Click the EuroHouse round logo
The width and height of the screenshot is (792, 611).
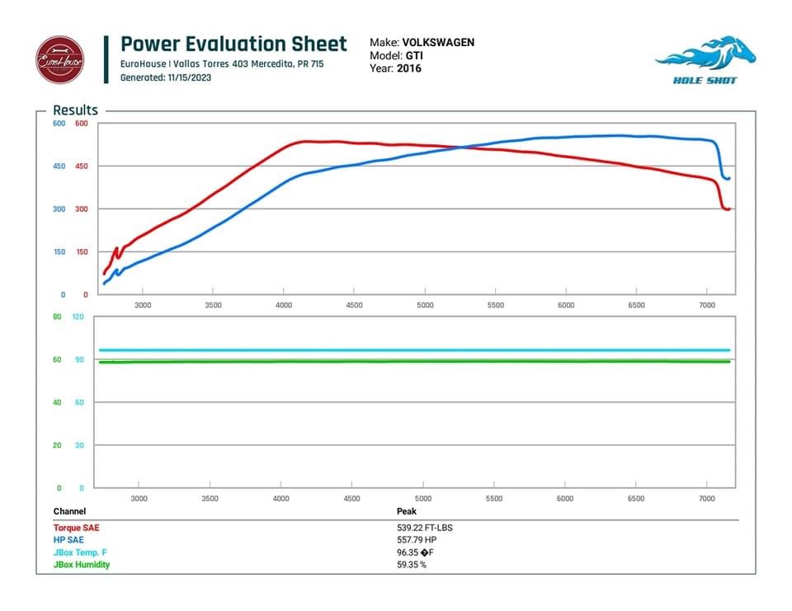pyautogui.click(x=59, y=59)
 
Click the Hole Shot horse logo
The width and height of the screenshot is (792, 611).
pyautogui.click(x=705, y=59)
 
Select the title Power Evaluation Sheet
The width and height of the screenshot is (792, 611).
pyautogui.click(x=233, y=44)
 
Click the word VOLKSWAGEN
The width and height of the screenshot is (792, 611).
pyautogui.click(x=438, y=42)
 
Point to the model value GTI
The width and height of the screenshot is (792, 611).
pyautogui.click(x=413, y=55)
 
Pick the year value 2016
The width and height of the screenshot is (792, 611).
pyautogui.click(x=409, y=68)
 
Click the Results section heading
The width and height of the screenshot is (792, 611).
pyautogui.click(x=75, y=110)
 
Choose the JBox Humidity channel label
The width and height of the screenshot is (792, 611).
pyautogui.click(x=82, y=565)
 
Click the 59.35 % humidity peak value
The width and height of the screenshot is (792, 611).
pyautogui.click(x=412, y=565)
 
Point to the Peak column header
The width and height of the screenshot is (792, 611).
pyautogui.click(x=407, y=512)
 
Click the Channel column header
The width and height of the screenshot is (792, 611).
pyautogui.click(x=69, y=512)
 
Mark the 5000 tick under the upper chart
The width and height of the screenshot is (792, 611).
pyautogui.click(x=425, y=305)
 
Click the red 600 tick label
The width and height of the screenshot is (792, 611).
pyautogui.click(x=81, y=124)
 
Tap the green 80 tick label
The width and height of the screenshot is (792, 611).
pyautogui.click(x=57, y=317)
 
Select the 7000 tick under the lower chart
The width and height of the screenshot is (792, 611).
pyautogui.click(x=706, y=499)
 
